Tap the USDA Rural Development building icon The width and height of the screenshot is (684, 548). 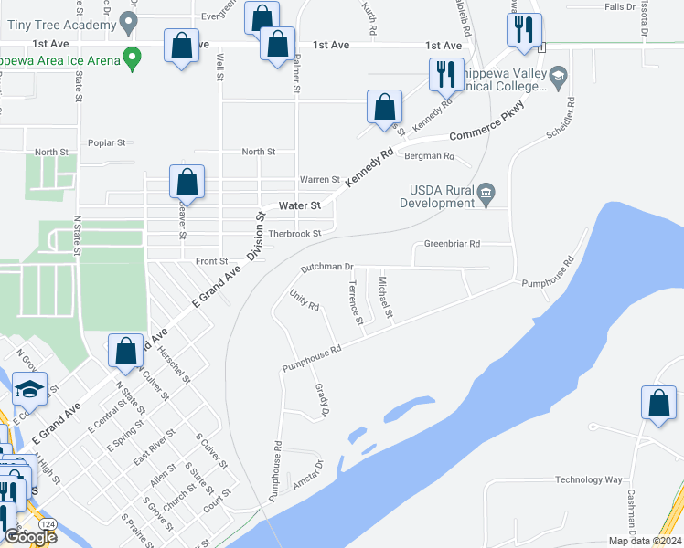pos(486,191)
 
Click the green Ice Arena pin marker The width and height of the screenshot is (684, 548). pos(133,59)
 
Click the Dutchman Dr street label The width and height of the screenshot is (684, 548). pos(326,268)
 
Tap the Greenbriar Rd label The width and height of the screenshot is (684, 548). pos(452,244)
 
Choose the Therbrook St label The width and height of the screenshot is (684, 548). pos(295,233)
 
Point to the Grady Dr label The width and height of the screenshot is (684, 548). pos(322,400)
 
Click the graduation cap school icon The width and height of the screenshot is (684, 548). pos(30,389)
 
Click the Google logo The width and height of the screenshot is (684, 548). pos(29,537)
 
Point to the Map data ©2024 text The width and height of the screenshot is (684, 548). pos(644,541)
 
